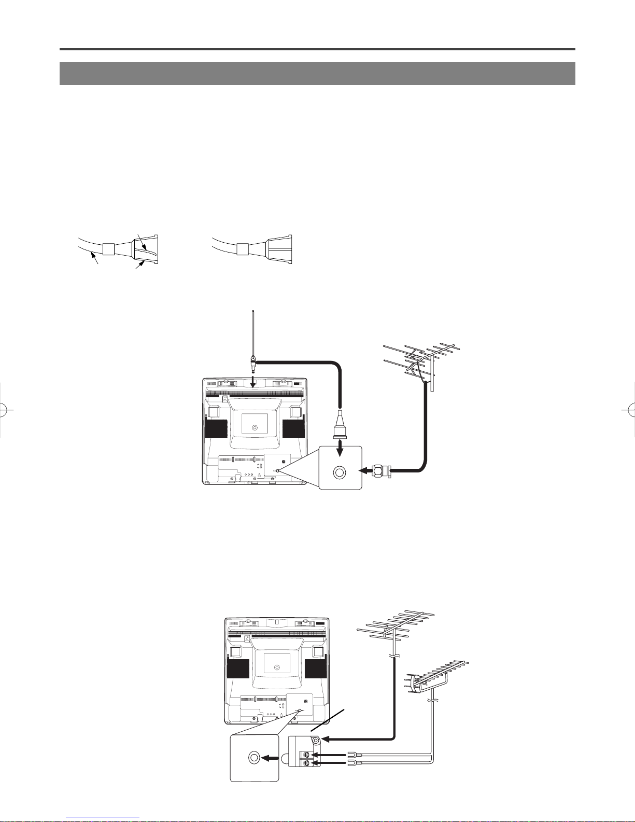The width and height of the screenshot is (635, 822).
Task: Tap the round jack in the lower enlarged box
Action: pos(254,757)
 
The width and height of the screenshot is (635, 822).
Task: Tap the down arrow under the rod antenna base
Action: pos(253,383)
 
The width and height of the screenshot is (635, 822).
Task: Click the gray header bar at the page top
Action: pos(317,74)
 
